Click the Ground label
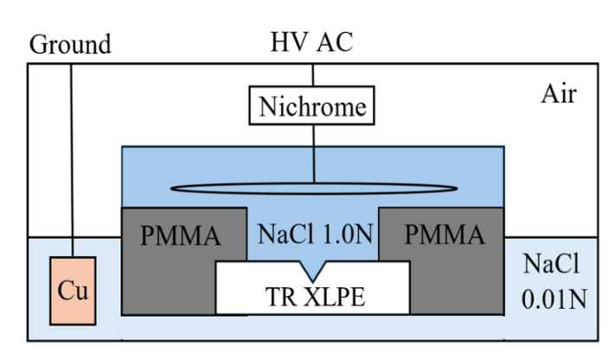70,44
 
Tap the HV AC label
311,42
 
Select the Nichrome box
311,106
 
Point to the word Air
559,94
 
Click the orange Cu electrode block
73,291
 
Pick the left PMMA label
181,235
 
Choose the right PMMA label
445,235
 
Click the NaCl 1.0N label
316,234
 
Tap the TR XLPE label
316,297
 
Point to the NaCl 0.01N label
554,281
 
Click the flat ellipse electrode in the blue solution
314,189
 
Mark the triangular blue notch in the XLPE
312,269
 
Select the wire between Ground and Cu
72,160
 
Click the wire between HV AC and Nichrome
312,75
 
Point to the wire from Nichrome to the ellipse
314,154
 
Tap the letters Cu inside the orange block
73,291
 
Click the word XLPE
334,297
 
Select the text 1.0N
348,234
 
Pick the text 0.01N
554,299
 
